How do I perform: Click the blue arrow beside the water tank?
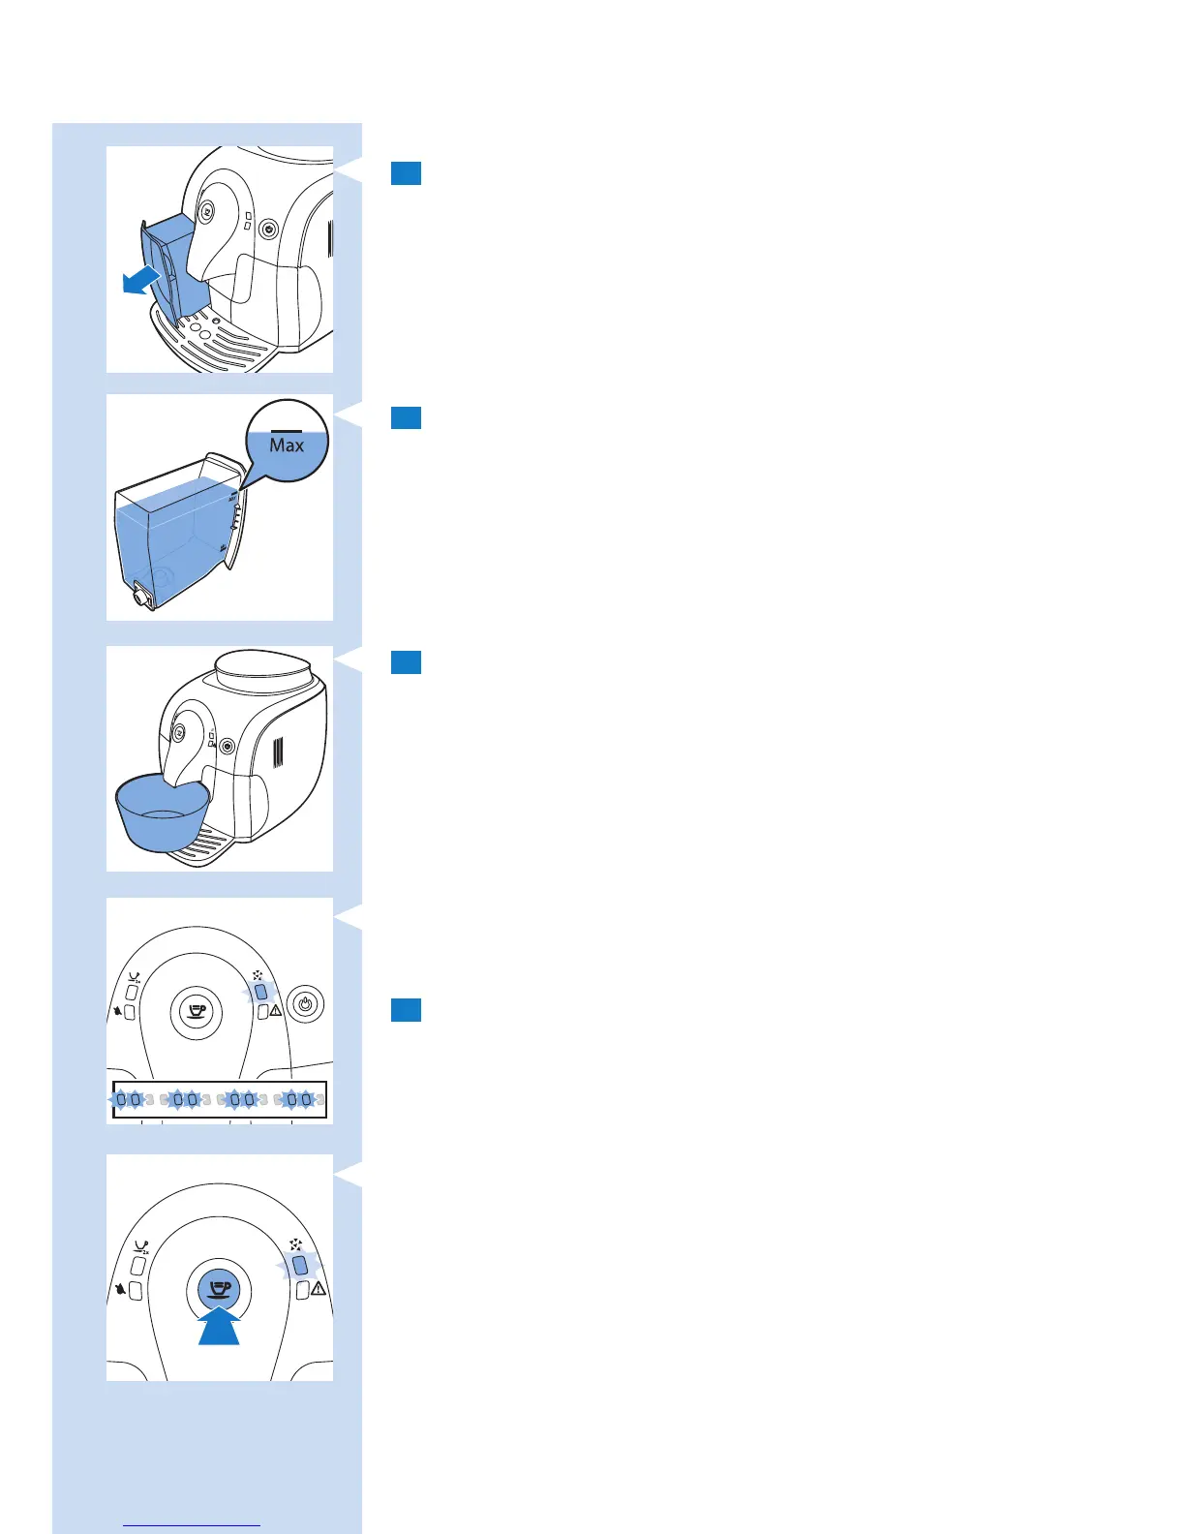pyautogui.click(x=141, y=281)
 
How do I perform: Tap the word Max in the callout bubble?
pyautogui.click(x=287, y=445)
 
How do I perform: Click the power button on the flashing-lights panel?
pyautogui.click(x=306, y=1004)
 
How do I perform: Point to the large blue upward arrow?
pyautogui.click(x=219, y=1325)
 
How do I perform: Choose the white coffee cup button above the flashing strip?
pyautogui.click(x=197, y=1013)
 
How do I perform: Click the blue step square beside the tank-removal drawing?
pyautogui.click(x=406, y=173)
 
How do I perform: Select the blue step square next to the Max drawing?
pyautogui.click(x=406, y=417)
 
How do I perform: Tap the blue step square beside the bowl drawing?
pyautogui.click(x=406, y=661)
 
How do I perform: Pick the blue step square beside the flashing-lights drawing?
pyautogui.click(x=406, y=1010)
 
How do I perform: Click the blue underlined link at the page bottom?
pyautogui.click(x=193, y=1525)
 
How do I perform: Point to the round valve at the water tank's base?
pyautogui.click(x=142, y=598)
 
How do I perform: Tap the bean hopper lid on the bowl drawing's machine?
pyautogui.click(x=261, y=669)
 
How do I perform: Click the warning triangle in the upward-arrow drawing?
pyautogui.click(x=319, y=1290)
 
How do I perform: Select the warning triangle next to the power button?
pyautogui.click(x=276, y=1011)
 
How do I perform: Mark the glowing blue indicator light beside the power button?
pyautogui.click(x=260, y=993)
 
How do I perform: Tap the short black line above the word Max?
pyautogui.click(x=287, y=430)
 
